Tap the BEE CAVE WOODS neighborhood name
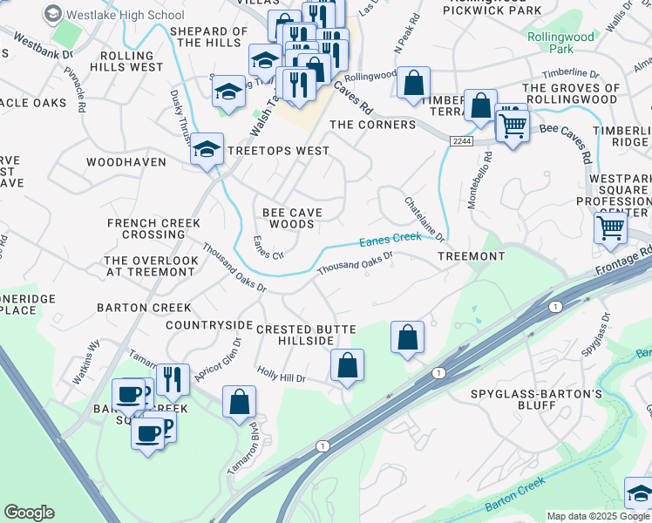click(x=292, y=218)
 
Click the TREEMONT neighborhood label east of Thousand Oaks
click(x=471, y=256)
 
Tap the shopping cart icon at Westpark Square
click(x=610, y=228)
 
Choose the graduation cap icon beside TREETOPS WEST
click(x=207, y=149)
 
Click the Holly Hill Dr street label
click(x=282, y=374)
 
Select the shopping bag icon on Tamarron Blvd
click(x=239, y=402)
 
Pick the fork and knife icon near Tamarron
click(x=173, y=379)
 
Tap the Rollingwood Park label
click(x=560, y=44)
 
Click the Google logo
click(x=29, y=512)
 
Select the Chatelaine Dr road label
click(x=424, y=219)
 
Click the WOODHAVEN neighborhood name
click(x=126, y=162)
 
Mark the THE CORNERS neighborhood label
click(x=372, y=125)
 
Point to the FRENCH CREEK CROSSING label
click(x=153, y=228)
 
